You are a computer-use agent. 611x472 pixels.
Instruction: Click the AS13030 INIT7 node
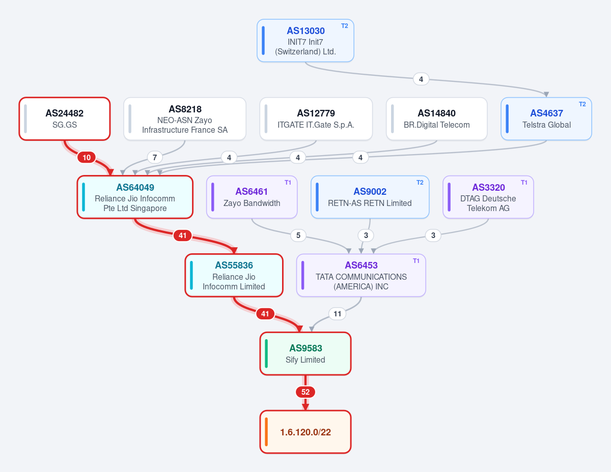305,40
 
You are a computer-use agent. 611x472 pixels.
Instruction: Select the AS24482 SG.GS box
64,119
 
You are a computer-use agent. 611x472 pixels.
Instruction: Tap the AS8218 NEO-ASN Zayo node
185,119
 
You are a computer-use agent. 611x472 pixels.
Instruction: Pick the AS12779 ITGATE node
316,119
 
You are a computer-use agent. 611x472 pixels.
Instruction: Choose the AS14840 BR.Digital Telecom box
437,119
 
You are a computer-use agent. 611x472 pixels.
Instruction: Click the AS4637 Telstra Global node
546,119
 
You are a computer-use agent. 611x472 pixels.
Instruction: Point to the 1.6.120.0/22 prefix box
305,432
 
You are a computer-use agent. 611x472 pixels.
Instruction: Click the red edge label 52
305,392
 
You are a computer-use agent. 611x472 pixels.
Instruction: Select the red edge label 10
87,158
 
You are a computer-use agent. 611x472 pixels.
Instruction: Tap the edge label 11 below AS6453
338,314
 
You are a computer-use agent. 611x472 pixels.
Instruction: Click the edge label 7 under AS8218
155,158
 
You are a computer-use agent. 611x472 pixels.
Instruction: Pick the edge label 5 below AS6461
298,235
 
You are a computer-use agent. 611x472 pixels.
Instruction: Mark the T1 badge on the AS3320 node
524,183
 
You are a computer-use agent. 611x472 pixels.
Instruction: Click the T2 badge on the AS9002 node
420,183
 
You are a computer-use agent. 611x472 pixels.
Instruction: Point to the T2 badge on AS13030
344,26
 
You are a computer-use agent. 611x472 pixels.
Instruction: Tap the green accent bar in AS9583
266,353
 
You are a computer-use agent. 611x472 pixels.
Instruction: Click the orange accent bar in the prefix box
266,432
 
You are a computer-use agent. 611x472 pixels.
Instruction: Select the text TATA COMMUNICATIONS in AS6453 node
361,277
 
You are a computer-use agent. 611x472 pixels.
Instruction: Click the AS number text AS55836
234,265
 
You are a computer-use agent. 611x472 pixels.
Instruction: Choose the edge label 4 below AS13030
421,79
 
